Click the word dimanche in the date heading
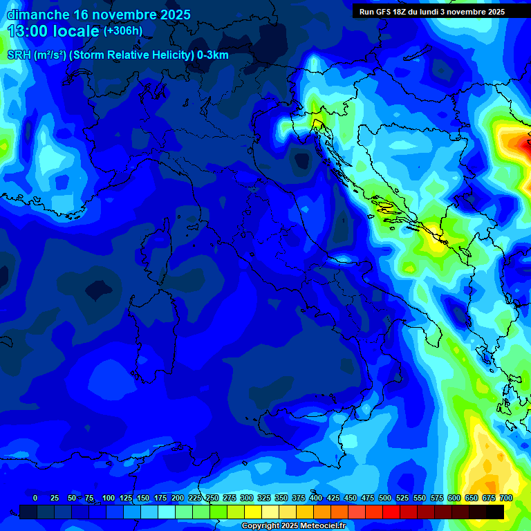click(x=37, y=15)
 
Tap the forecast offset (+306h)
click(x=122, y=30)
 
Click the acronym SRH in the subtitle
click(x=19, y=55)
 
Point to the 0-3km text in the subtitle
click(x=213, y=55)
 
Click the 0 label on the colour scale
click(x=35, y=498)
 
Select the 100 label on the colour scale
click(x=108, y=498)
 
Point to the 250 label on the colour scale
click(x=212, y=498)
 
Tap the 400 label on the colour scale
click(x=315, y=498)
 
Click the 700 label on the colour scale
click(x=505, y=498)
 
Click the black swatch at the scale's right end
click(x=495, y=512)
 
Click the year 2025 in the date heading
click(x=173, y=15)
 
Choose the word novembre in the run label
click(x=467, y=12)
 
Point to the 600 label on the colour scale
click(x=454, y=498)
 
